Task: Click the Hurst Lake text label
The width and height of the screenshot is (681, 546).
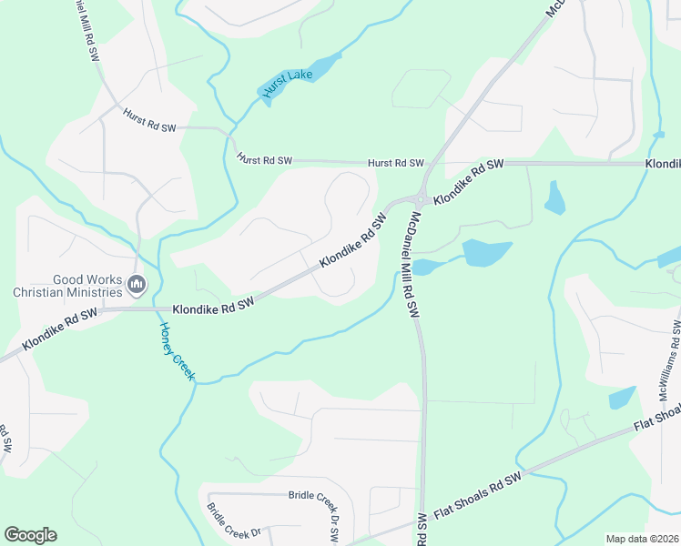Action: click(x=285, y=83)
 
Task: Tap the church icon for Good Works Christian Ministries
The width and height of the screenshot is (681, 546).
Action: click(x=137, y=286)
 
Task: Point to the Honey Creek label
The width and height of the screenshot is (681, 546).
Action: click(x=177, y=352)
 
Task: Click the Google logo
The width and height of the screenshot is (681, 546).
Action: click(x=30, y=535)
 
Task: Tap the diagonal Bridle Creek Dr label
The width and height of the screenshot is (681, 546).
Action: click(x=233, y=522)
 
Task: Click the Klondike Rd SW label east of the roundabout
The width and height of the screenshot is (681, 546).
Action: click(x=468, y=182)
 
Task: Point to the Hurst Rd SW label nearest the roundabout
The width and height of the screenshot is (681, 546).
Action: click(x=396, y=163)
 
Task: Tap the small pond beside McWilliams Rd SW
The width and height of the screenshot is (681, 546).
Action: click(x=622, y=398)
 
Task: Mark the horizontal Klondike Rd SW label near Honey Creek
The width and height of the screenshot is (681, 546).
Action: click(x=211, y=308)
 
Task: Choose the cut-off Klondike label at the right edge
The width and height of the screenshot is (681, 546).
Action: click(x=663, y=163)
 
